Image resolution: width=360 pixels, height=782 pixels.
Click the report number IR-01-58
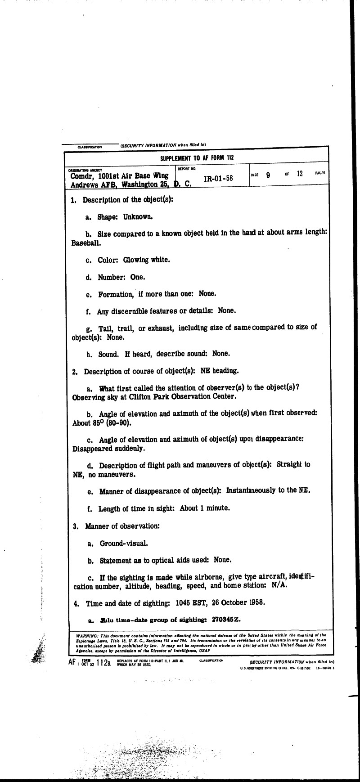(218, 178)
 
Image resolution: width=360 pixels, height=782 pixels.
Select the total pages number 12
(300, 174)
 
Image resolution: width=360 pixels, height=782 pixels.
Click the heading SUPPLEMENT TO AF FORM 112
(197, 158)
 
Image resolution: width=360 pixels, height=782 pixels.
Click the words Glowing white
(140, 260)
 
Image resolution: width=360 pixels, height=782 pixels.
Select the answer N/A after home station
(279, 585)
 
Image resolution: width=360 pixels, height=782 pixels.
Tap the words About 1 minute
(205, 508)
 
